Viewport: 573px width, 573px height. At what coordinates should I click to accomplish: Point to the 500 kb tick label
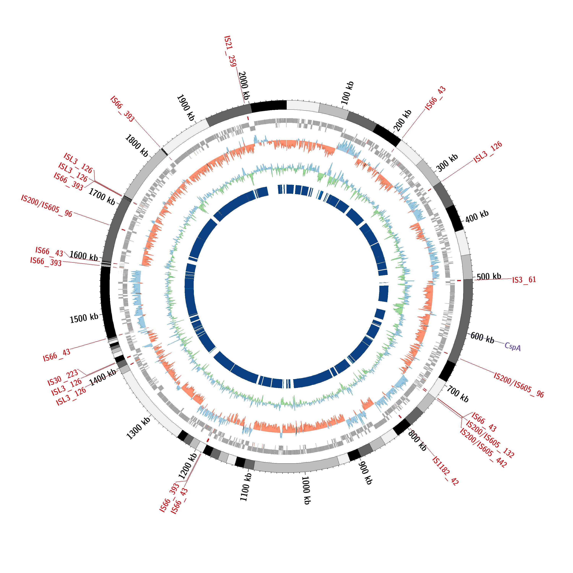489,277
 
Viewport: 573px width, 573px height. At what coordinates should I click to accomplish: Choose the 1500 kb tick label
84,318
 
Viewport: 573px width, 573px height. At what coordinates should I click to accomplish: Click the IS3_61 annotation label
524,280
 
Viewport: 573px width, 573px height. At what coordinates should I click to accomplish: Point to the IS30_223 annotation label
63,378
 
